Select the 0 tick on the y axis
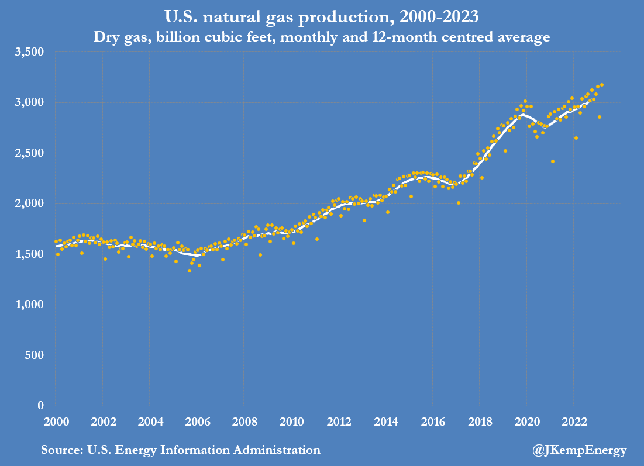[x=41, y=406]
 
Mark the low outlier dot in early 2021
[x=553, y=161]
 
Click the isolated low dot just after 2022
[x=576, y=138]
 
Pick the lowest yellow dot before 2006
[x=190, y=270]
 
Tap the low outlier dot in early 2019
[x=505, y=151]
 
